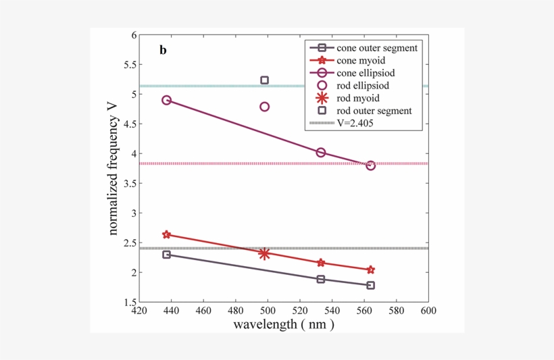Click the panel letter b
pos(163,50)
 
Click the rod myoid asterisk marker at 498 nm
pos(264,254)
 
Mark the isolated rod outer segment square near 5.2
pos(265,80)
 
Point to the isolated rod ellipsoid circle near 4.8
pos(265,107)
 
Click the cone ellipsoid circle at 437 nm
pos(167,100)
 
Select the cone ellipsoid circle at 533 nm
pos(321,153)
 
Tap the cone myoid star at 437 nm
pos(167,234)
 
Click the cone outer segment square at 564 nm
pos(370,285)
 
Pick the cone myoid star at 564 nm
pos(370,269)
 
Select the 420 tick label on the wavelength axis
pos(138,311)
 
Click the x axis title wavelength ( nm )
pos(284,324)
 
